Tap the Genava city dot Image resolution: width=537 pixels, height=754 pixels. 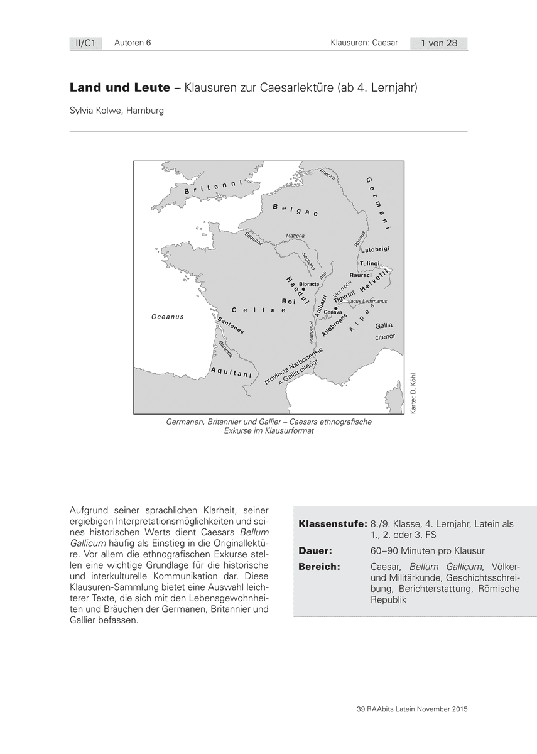[336, 308]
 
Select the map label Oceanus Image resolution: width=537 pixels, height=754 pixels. [168, 317]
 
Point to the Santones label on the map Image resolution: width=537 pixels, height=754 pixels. [230, 325]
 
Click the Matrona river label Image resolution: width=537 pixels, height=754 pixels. [295, 236]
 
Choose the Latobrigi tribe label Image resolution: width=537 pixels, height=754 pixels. [376, 250]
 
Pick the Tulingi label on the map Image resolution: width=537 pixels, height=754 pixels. [371, 263]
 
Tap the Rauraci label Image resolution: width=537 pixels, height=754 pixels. [361, 275]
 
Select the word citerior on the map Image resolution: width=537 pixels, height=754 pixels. [384, 337]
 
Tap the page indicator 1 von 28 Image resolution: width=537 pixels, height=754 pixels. [439, 43]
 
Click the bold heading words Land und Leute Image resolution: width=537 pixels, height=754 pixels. [119, 88]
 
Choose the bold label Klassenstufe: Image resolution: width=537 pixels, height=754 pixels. [332, 523]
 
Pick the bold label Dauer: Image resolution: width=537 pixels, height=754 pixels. [315, 551]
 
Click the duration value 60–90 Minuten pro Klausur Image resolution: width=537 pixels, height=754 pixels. [428, 551]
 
